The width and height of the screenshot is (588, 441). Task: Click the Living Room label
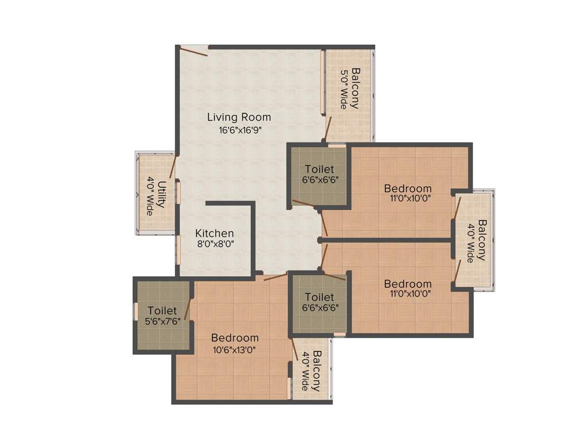pyautogui.click(x=239, y=117)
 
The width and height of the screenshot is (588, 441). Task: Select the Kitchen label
pyautogui.click(x=214, y=233)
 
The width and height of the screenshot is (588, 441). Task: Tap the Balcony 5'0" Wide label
pyautogui.click(x=350, y=89)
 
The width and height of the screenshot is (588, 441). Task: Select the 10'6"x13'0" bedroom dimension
pyautogui.click(x=234, y=349)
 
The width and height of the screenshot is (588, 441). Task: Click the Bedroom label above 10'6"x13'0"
pyautogui.click(x=234, y=338)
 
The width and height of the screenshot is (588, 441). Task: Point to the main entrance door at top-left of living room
pyautogui.click(x=193, y=52)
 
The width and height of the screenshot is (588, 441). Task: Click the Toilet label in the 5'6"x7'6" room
pyautogui.click(x=161, y=310)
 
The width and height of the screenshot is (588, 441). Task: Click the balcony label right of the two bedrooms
pyautogui.click(x=476, y=241)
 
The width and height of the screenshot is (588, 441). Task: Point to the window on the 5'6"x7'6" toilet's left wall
pyautogui.click(x=136, y=311)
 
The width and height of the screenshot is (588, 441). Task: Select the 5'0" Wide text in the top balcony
pyautogui.click(x=344, y=89)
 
